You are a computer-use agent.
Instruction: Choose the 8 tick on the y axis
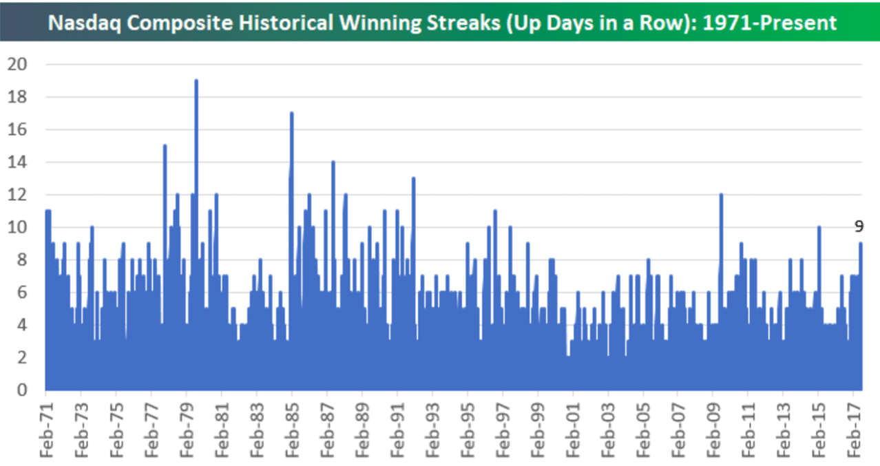pos(21,260)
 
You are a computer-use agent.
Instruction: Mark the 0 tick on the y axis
pos(21,390)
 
